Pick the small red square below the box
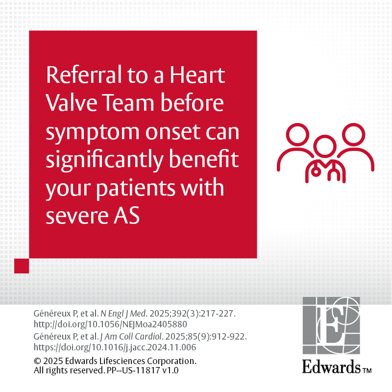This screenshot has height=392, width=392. click(x=22, y=266)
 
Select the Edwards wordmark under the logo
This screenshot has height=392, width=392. click(x=331, y=367)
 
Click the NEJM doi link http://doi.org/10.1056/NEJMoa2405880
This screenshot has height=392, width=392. click(x=110, y=324)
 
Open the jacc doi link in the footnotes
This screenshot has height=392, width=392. click(x=115, y=347)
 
